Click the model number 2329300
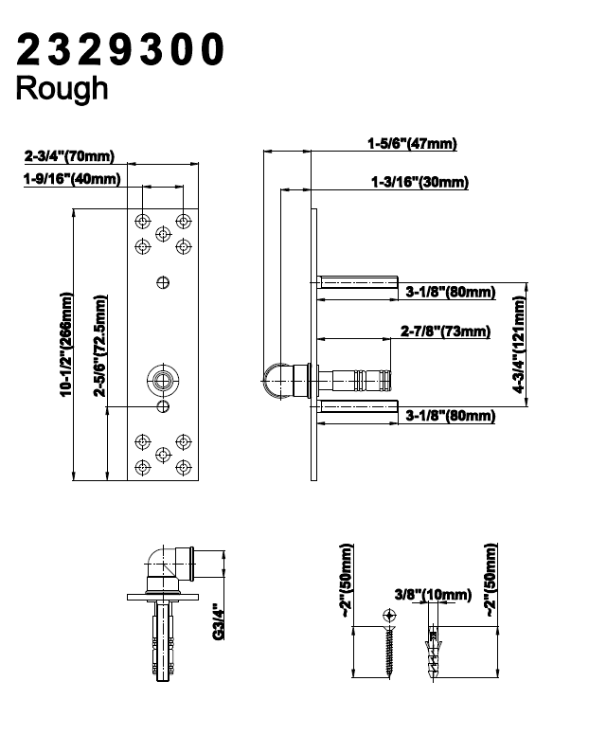pos(120,49)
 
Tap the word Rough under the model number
pos(62,88)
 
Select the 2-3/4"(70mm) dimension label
pos(69,155)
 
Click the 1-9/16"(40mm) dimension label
pos(72,179)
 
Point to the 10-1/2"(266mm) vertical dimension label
pos(66,345)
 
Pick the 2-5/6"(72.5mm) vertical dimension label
pos(99,346)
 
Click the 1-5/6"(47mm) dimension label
pos(412,143)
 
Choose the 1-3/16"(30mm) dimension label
pos(419,182)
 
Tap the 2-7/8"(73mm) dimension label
pos(445,331)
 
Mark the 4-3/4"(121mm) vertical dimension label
pos(519,345)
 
